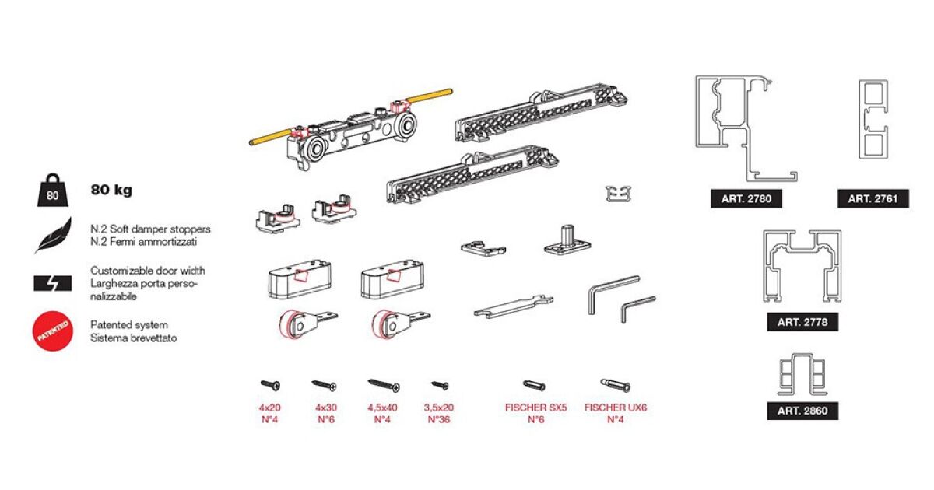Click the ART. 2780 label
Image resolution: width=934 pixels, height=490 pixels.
click(x=746, y=199)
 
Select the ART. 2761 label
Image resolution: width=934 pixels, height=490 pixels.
click(x=873, y=199)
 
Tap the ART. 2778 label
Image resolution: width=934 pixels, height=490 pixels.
click(x=802, y=322)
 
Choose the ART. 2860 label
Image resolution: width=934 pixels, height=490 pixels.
click(x=802, y=411)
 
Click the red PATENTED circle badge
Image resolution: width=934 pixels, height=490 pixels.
click(x=53, y=331)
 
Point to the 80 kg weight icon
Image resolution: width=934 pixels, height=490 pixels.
click(x=53, y=190)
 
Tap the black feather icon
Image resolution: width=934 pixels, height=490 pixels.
click(x=54, y=236)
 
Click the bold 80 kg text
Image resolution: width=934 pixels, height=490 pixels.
click(x=111, y=190)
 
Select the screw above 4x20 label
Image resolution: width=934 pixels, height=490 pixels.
click(x=271, y=385)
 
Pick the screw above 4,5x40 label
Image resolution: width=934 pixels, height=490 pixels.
click(x=384, y=386)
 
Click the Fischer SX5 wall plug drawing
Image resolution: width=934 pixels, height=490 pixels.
click(x=534, y=385)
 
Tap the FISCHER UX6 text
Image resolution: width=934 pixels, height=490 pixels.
click(x=616, y=408)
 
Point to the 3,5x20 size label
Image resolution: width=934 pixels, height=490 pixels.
click(x=439, y=408)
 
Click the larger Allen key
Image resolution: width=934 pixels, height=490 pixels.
click(x=613, y=294)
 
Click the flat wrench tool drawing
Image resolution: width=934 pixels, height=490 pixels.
click(x=513, y=306)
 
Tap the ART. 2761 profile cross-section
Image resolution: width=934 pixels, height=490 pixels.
click(x=873, y=120)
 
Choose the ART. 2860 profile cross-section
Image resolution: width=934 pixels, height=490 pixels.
click(x=802, y=374)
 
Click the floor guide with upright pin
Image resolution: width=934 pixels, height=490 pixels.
click(x=567, y=241)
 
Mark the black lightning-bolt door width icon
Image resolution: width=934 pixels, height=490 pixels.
click(x=53, y=283)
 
